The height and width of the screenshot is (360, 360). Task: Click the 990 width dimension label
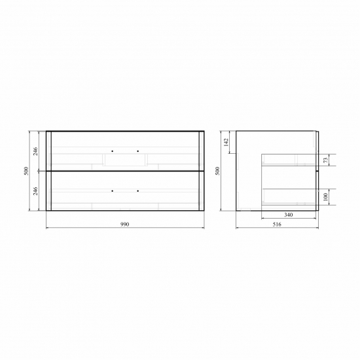pyautogui.click(x=124, y=224)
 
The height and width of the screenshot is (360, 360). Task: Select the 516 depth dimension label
pyautogui.click(x=277, y=225)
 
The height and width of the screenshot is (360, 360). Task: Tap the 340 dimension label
pyautogui.click(x=289, y=215)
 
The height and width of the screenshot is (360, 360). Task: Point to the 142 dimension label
pyautogui.click(x=226, y=142)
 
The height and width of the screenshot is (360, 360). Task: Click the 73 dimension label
pyautogui.click(x=326, y=160)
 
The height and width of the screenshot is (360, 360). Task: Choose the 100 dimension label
pyautogui.click(x=325, y=197)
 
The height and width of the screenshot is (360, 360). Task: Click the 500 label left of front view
pyautogui.click(x=26, y=171)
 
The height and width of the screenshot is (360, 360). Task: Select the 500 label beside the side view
pyautogui.click(x=217, y=171)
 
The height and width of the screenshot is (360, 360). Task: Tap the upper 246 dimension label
pyautogui.click(x=35, y=151)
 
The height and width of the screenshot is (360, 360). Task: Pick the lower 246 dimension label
pyautogui.click(x=35, y=191)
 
